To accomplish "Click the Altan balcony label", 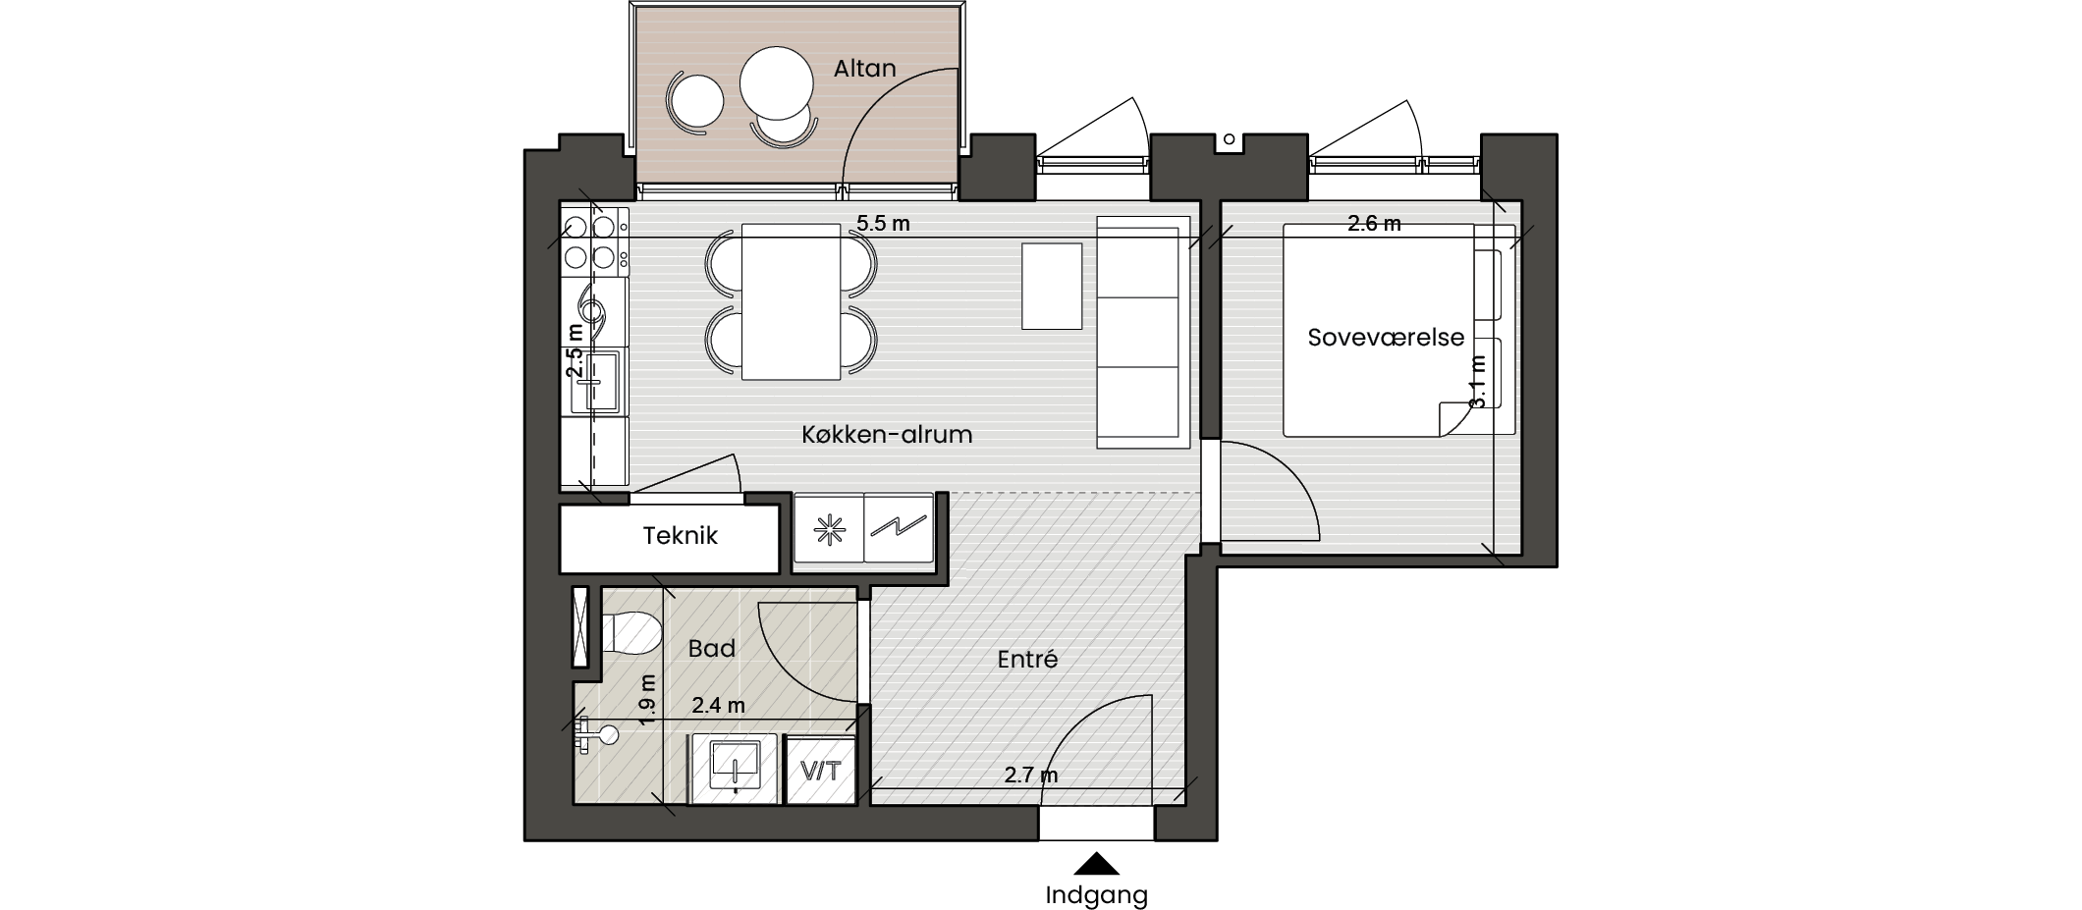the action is pyautogui.click(x=864, y=69).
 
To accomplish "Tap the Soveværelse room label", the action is pyautogui.click(x=1386, y=338).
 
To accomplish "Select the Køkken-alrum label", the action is pyautogui.click(x=887, y=434).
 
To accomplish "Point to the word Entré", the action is pyautogui.click(x=1027, y=659).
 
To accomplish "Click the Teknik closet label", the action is pyautogui.click(x=680, y=535).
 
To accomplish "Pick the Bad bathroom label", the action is pyautogui.click(x=712, y=648).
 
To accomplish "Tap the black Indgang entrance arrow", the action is pyautogui.click(x=1096, y=864).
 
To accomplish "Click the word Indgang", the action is pyautogui.click(x=1096, y=895).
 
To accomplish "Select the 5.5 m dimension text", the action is pyautogui.click(x=883, y=224).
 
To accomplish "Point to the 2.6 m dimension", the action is pyautogui.click(x=1374, y=224).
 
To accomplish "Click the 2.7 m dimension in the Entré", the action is pyautogui.click(x=1031, y=776).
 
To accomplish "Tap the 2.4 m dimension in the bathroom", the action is pyautogui.click(x=719, y=705).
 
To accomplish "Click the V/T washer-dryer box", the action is pyautogui.click(x=822, y=770).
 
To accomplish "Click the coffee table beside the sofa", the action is pyautogui.click(x=1052, y=286).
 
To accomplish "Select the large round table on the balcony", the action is pyautogui.click(x=776, y=84).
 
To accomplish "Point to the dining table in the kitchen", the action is pyautogui.click(x=792, y=301).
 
